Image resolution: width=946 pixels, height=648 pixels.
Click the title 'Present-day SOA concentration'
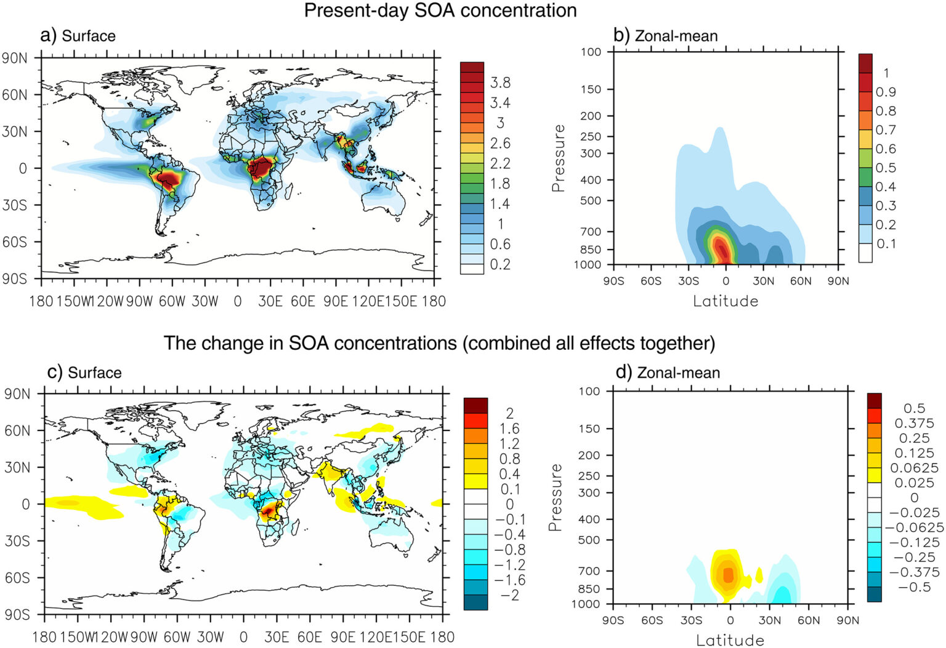(440, 10)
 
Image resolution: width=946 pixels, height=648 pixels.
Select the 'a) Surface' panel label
(78, 36)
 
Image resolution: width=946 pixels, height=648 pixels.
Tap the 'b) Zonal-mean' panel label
(665, 36)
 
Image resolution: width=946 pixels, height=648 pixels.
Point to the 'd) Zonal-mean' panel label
(668, 372)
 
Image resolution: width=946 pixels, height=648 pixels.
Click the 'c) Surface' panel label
(84, 372)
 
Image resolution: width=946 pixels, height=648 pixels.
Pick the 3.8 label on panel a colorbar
(500, 83)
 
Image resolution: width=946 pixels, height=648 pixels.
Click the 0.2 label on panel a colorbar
(500, 264)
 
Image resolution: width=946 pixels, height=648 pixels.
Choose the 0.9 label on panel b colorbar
(886, 92)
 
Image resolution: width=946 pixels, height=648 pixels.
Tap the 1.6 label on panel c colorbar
(509, 429)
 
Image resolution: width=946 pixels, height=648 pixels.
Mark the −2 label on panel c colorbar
(509, 595)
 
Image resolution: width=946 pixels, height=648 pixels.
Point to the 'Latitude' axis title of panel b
(726, 301)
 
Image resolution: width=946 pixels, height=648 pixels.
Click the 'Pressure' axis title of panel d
(556, 498)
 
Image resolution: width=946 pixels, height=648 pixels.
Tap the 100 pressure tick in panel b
(591, 52)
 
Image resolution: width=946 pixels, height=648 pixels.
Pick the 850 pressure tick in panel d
(590, 589)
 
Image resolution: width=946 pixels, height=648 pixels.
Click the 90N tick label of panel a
(15, 59)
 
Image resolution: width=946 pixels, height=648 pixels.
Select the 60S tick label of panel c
(17, 578)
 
